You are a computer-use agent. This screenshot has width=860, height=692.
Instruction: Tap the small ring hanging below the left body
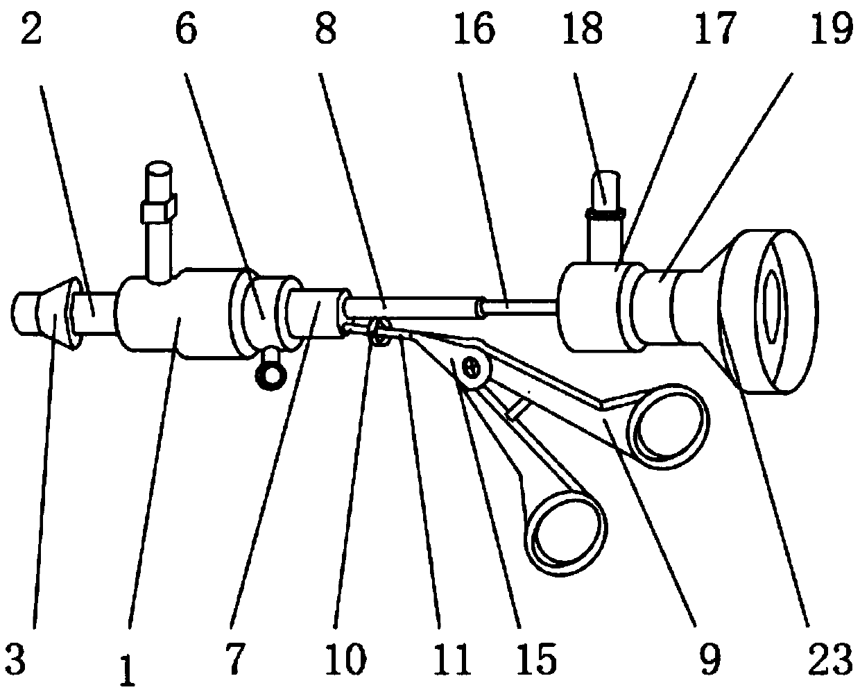[270, 375]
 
